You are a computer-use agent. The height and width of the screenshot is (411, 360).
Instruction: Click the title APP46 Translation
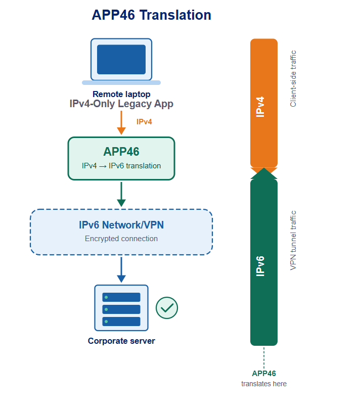pyautogui.click(x=151, y=15)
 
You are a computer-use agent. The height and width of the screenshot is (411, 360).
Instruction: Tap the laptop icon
pyautogui.click(x=121, y=60)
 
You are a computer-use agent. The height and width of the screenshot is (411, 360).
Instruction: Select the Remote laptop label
pyautogui.click(x=121, y=94)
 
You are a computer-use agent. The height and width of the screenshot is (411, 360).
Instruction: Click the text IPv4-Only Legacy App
pyautogui.click(x=121, y=104)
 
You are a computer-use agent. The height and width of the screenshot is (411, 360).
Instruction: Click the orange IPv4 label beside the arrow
pyautogui.click(x=144, y=122)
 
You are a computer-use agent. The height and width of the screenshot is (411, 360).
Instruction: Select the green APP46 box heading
pyautogui.click(x=121, y=152)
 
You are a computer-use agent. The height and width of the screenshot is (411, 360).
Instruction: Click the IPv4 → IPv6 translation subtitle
pyautogui.click(x=121, y=166)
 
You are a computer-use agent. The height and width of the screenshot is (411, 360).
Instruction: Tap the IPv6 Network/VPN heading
pyautogui.click(x=121, y=225)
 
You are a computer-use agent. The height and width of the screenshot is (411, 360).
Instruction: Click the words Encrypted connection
pyautogui.click(x=121, y=239)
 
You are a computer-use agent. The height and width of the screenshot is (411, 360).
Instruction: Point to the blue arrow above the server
pyautogui.click(x=121, y=269)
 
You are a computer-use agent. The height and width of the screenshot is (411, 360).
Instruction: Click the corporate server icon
pyautogui.click(x=121, y=307)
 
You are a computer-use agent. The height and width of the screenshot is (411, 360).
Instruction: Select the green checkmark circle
pyautogui.click(x=167, y=307)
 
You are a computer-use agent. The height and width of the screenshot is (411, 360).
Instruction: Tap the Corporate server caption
pyautogui.click(x=121, y=341)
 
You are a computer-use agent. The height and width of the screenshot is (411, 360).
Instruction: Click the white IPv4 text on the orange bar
pyautogui.click(x=261, y=107)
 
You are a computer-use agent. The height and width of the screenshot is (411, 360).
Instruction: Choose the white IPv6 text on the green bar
pyautogui.click(x=261, y=265)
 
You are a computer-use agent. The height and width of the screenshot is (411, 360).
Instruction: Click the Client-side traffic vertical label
pyautogui.click(x=293, y=79)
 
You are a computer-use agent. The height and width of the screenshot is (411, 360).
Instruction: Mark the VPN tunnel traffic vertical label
pyautogui.click(x=293, y=240)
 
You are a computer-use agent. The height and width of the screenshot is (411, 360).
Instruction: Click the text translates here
pyautogui.click(x=264, y=384)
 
